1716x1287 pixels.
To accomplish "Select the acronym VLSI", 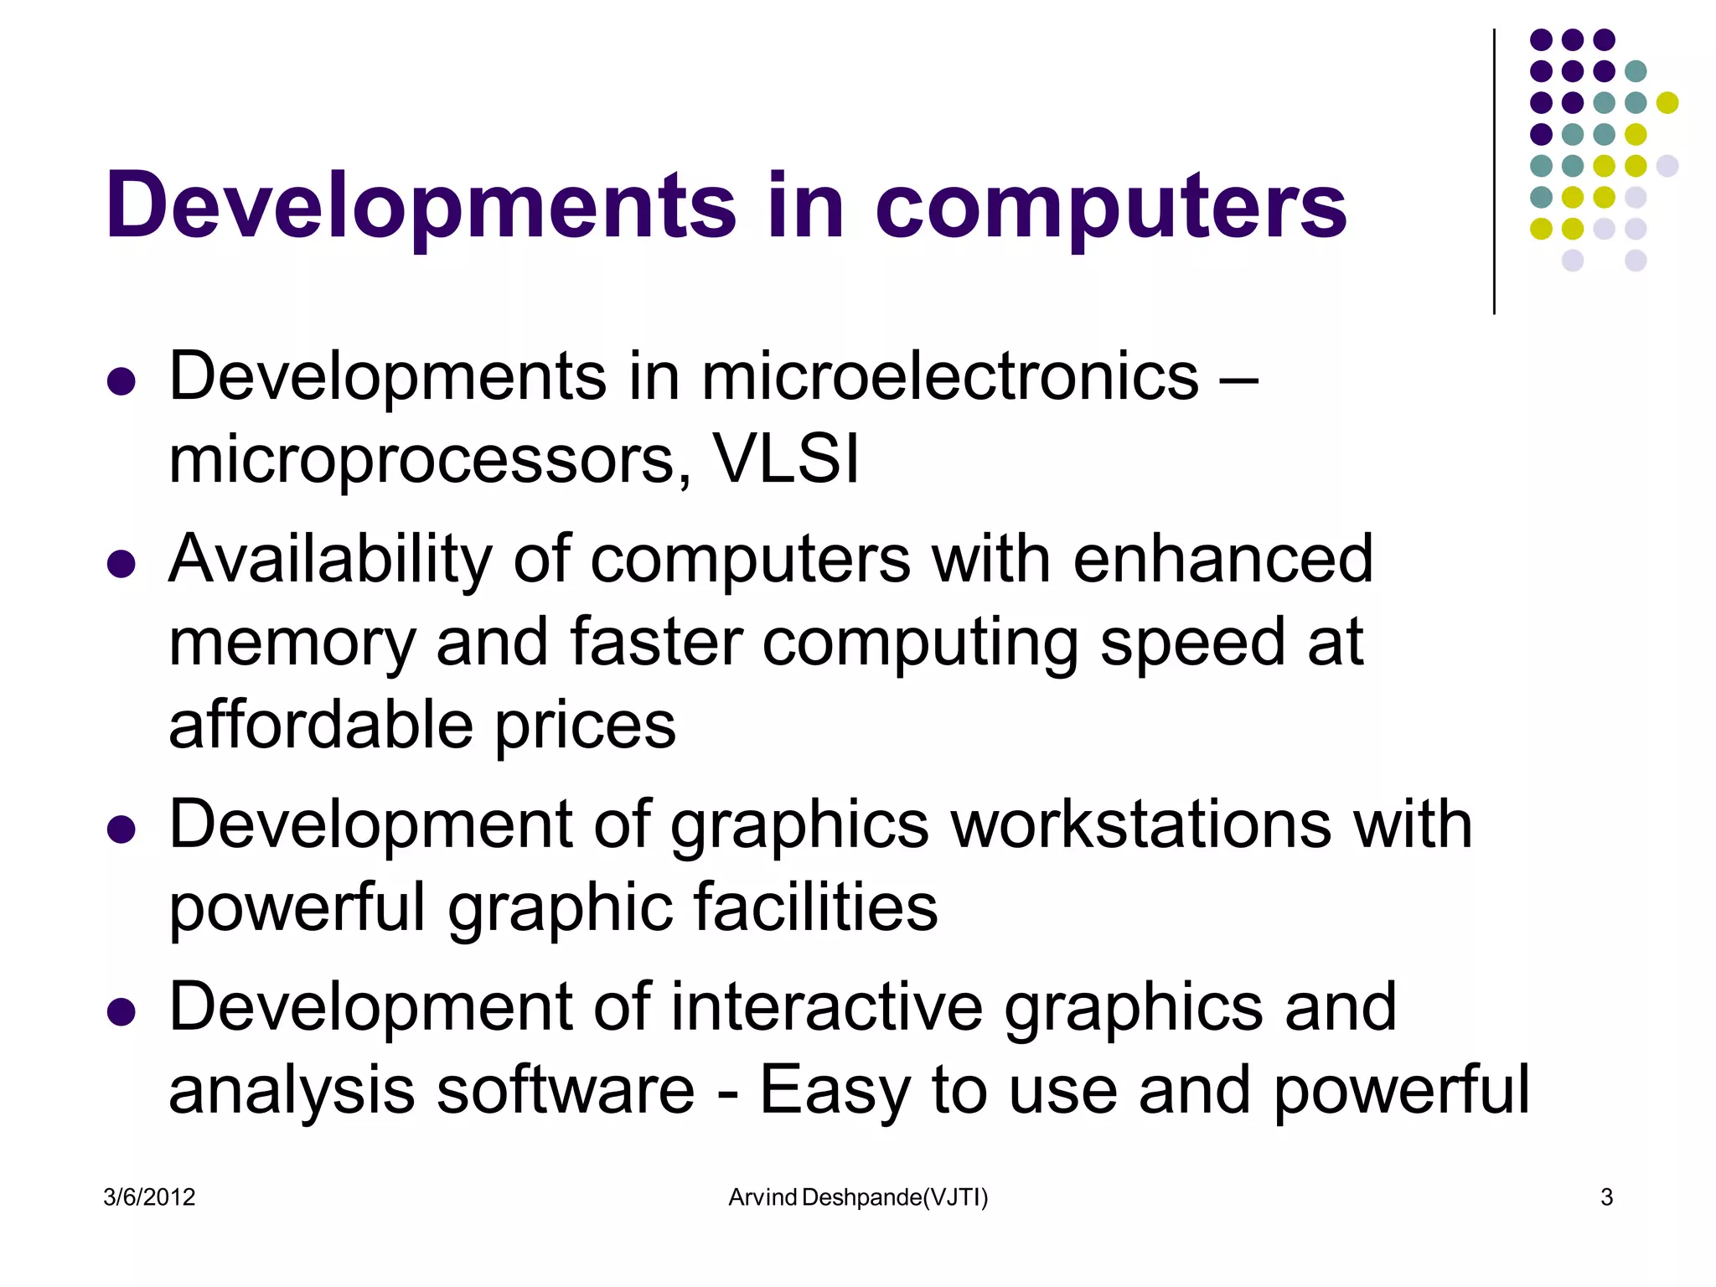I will [785, 459].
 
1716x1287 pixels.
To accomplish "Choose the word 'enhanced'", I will [1222, 559].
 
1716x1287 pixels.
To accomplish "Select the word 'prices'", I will [585, 726].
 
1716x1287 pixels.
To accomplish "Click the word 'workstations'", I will [1140, 824].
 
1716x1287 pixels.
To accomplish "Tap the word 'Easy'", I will [835, 1092].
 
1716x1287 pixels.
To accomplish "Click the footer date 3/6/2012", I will [149, 1197].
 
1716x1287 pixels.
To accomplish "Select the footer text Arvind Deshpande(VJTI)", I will [858, 1197].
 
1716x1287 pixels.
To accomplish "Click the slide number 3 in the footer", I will [1606, 1197].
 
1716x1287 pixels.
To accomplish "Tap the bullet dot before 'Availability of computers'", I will [121, 564].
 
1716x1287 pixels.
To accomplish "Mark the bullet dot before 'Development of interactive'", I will [121, 1011].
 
